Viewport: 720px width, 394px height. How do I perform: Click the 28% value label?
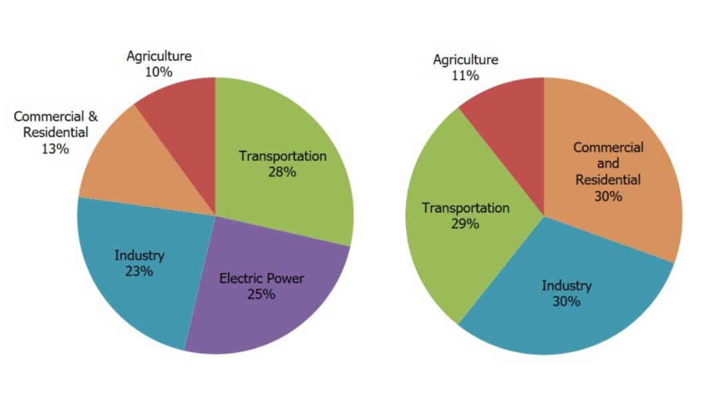(283, 172)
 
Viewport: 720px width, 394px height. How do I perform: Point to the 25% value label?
(261, 294)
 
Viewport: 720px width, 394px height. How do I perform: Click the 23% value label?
(139, 271)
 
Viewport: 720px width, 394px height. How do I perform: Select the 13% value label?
(55, 148)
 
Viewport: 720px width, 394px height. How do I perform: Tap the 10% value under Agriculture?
(159, 71)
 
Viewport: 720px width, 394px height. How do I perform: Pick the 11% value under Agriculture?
(465, 75)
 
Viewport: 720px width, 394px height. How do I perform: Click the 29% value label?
(465, 224)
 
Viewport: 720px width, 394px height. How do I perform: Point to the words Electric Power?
(261, 278)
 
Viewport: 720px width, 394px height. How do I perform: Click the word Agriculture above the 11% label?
(465, 59)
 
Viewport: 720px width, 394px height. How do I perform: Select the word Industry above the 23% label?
(139, 255)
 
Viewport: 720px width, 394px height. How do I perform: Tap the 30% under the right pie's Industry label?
(566, 302)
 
